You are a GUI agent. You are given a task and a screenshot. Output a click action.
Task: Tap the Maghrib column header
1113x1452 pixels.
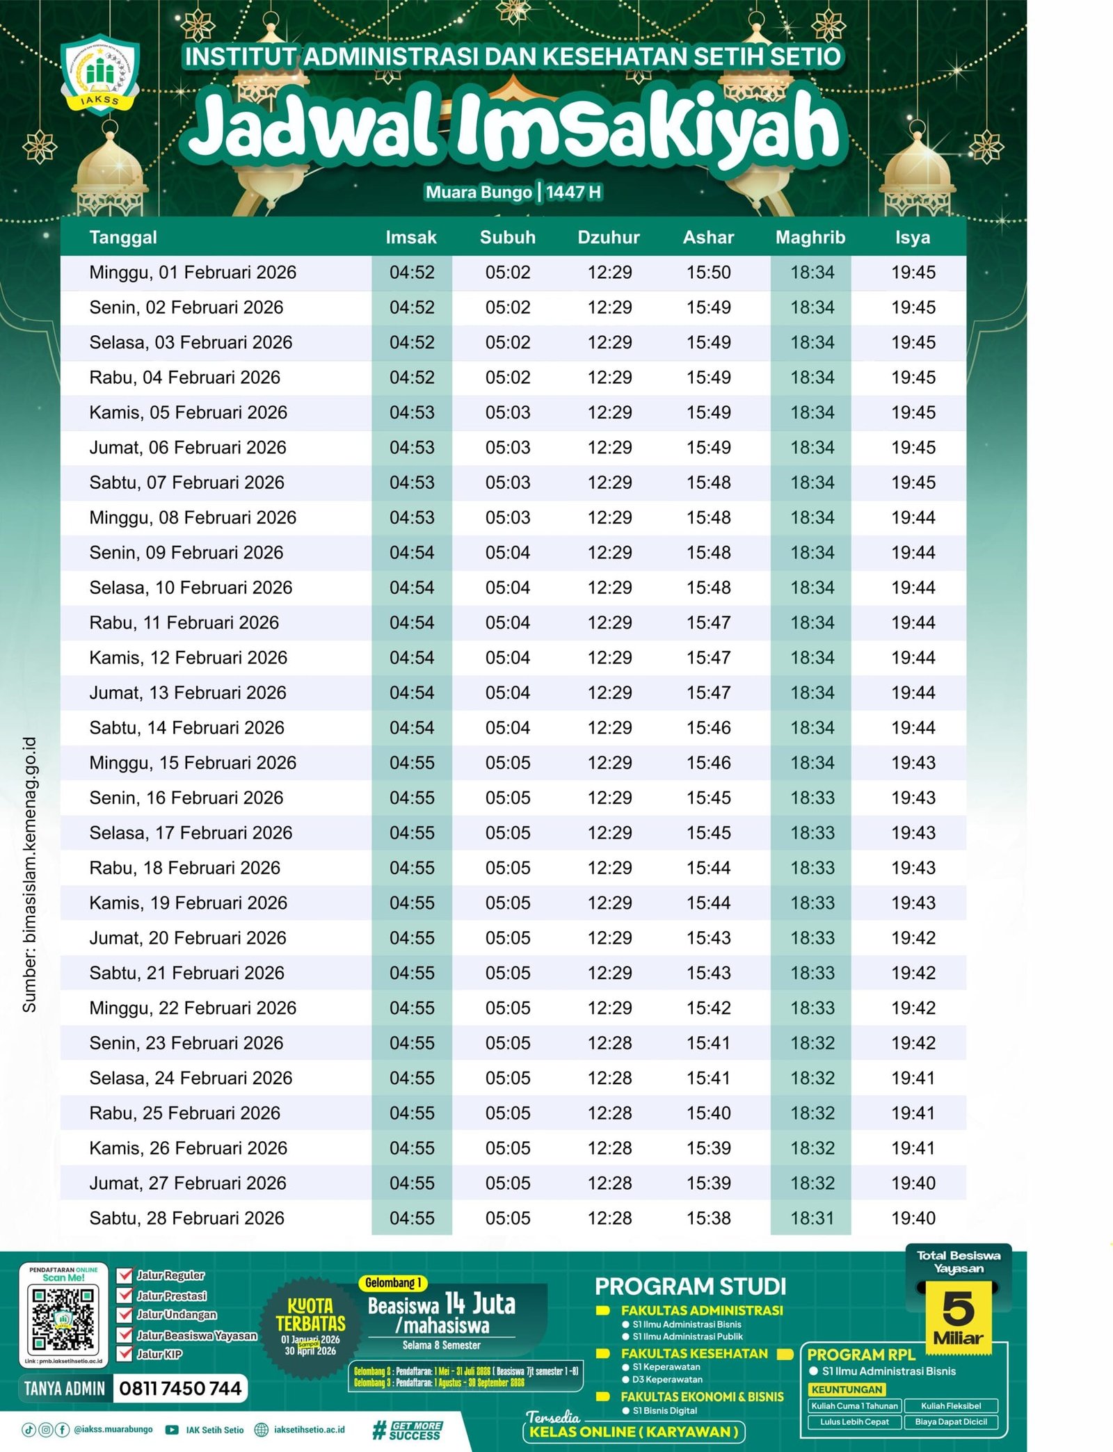coord(810,237)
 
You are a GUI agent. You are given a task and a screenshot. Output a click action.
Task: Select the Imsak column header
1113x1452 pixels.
coord(411,237)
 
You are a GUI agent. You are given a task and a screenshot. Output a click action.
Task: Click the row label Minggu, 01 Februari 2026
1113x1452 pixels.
coord(193,273)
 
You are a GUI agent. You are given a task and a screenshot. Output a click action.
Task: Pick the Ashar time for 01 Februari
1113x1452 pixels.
coord(709,273)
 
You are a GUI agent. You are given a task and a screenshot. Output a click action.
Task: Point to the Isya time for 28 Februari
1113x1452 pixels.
coord(913,1218)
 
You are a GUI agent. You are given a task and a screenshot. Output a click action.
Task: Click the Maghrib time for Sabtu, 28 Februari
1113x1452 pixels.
coord(812,1218)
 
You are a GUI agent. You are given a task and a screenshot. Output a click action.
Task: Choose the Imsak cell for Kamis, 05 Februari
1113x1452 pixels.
coord(412,412)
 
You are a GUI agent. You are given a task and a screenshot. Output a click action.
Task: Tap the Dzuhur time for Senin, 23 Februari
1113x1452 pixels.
coord(609,1042)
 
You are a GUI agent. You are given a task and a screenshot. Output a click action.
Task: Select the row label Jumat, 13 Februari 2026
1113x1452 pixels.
coord(188,693)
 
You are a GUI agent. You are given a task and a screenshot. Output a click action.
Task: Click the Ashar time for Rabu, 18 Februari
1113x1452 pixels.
coord(709,868)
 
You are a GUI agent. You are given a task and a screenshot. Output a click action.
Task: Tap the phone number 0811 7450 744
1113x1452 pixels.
coord(180,1388)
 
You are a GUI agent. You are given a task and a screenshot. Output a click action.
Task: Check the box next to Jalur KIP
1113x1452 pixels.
coord(125,1353)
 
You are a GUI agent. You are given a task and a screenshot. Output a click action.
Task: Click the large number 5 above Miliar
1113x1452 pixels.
coord(958,1308)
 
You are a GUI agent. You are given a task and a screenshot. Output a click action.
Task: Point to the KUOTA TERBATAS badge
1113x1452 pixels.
coord(310,1327)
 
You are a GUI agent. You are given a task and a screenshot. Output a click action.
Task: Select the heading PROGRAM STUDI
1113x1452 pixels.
coord(690,1286)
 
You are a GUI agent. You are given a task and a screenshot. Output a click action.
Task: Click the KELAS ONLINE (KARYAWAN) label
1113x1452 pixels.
coord(633,1431)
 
